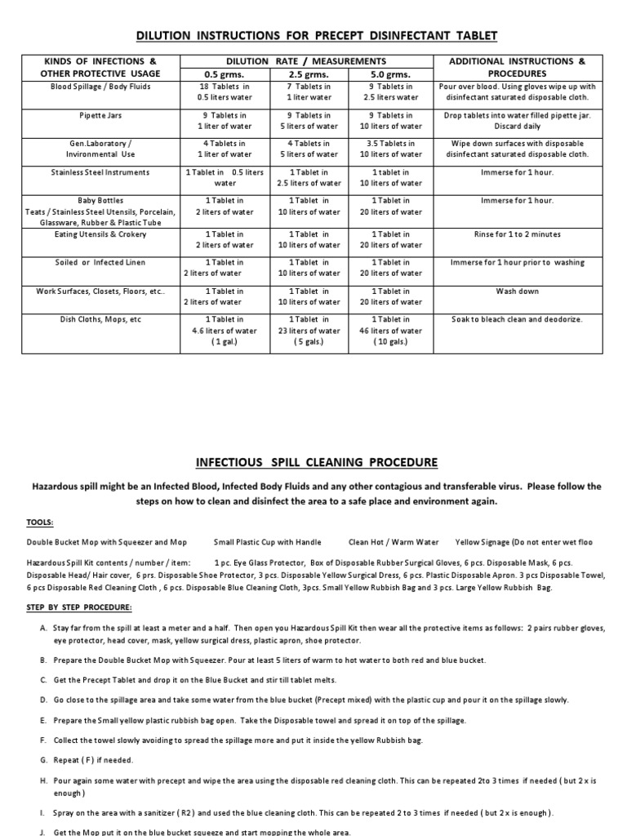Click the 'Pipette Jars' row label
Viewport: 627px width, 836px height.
[100, 116]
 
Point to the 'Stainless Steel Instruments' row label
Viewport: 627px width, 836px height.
[100, 173]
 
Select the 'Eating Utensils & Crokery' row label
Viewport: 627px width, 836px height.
[100, 234]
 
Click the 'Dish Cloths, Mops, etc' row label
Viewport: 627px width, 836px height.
[100, 319]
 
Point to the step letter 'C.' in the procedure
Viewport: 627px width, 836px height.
[42, 679]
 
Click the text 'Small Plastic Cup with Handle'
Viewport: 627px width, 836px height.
[267, 542]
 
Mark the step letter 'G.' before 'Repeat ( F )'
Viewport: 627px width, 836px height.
[42, 758]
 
